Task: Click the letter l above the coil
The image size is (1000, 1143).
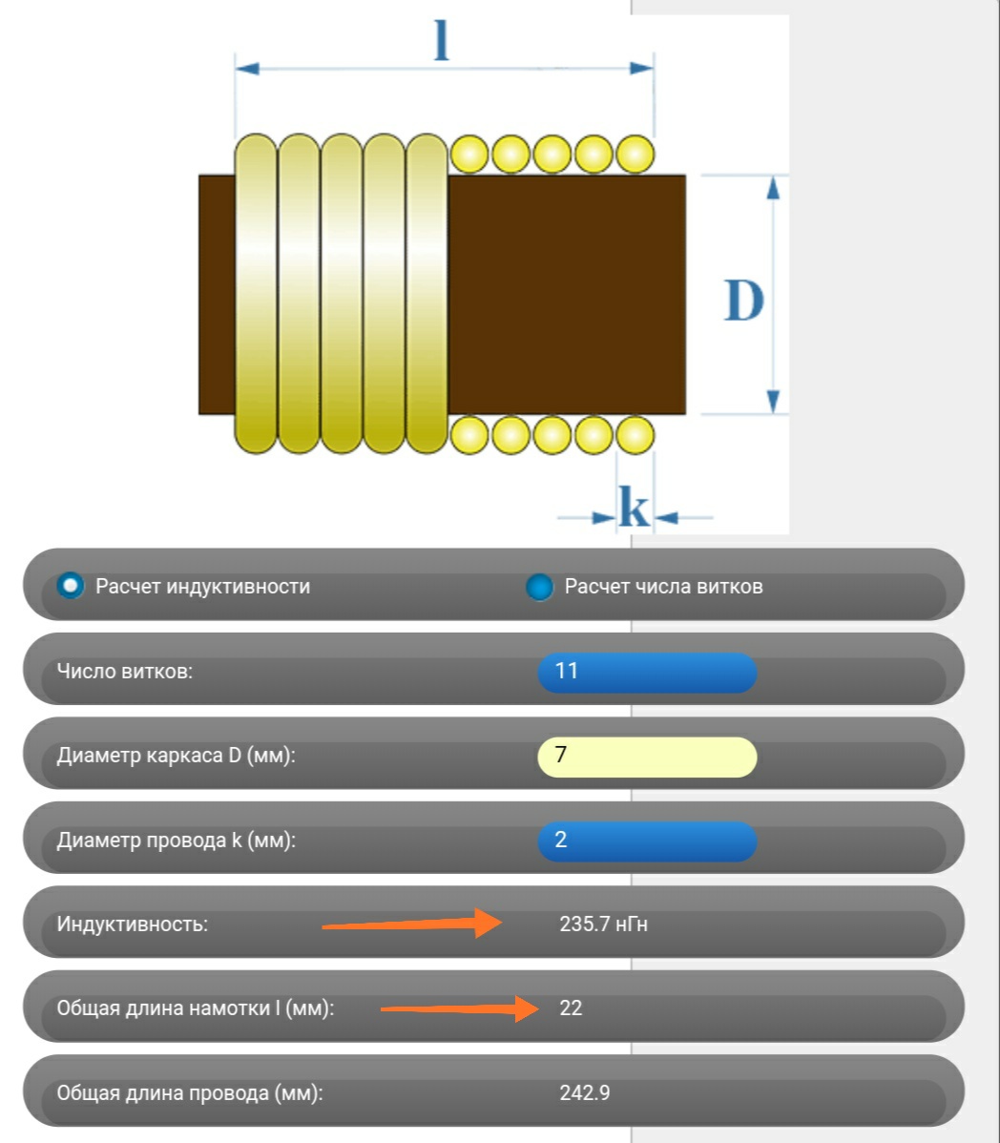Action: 441,40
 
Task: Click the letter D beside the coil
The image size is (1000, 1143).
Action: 743,300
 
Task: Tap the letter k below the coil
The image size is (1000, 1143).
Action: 634,506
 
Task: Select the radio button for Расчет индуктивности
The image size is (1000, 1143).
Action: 71,586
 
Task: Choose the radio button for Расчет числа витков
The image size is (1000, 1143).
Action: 539,586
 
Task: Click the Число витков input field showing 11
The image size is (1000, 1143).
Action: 647,672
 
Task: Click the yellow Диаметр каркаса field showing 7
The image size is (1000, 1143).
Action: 647,756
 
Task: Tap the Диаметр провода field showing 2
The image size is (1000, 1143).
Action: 647,841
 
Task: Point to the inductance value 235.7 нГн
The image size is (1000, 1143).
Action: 603,925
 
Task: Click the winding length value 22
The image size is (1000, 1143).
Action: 571,1008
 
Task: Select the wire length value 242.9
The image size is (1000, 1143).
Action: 585,1092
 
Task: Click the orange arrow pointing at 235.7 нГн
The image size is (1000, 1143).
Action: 412,923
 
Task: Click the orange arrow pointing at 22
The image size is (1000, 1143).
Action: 459,1008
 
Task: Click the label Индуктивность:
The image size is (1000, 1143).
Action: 133,925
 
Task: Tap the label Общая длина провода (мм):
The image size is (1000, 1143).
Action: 190,1093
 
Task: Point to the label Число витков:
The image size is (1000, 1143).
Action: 125,672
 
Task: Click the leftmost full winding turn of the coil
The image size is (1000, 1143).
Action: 256,294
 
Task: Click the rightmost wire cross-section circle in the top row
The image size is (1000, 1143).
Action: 635,154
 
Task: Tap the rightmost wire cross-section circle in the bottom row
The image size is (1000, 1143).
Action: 635,435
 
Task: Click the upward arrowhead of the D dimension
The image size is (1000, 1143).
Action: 773,187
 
